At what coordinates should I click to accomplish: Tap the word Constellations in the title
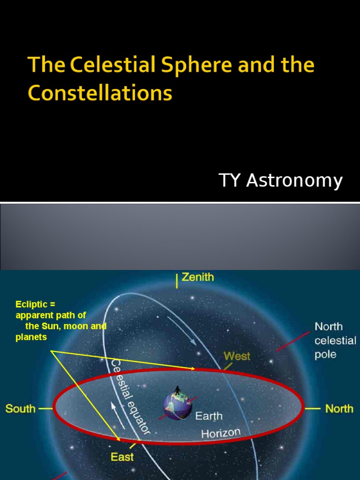point(100,93)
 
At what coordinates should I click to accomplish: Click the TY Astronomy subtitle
point(280,180)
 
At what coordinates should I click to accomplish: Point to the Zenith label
point(197,277)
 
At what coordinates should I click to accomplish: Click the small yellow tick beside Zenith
point(176,281)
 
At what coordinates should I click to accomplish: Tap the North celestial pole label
point(335,340)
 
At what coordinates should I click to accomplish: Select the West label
point(237,356)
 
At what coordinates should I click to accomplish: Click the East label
point(122,457)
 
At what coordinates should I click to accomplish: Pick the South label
point(20,409)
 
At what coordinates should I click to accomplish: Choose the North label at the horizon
point(339,409)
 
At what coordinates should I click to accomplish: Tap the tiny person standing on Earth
point(177,390)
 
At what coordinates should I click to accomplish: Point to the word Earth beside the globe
point(209,416)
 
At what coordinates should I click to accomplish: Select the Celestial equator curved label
point(129,396)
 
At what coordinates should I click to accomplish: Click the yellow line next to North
point(312,409)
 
